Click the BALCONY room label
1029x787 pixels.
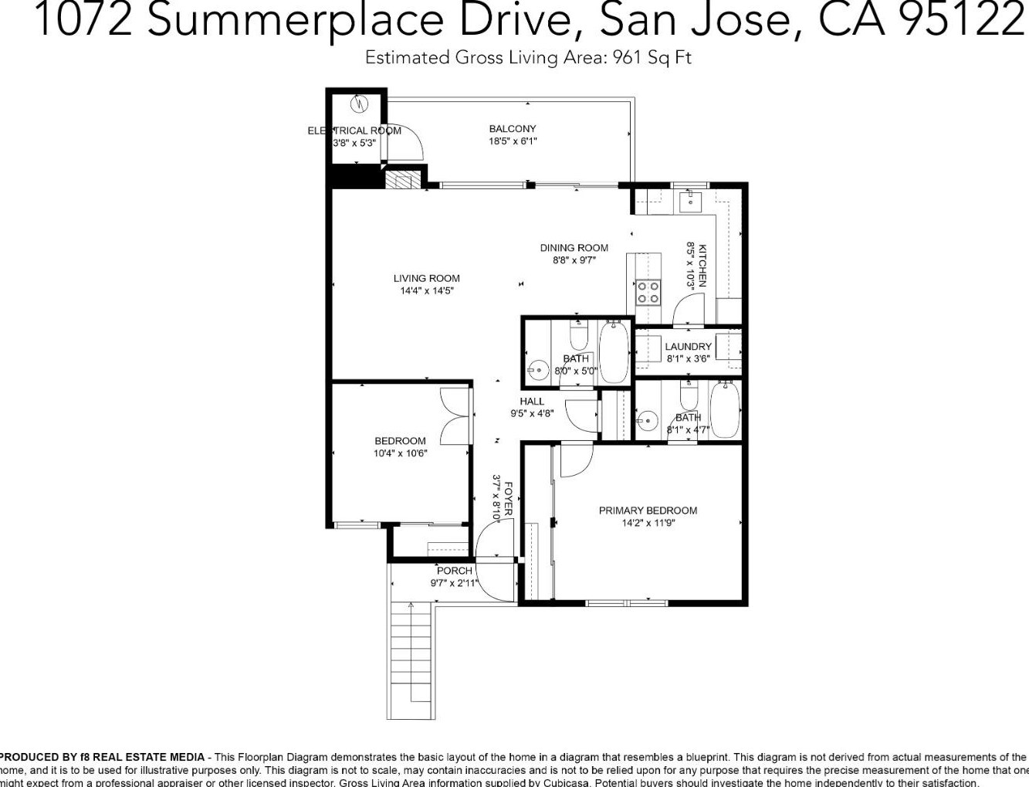pyautogui.click(x=512, y=129)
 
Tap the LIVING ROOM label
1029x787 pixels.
pyautogui.click(x=426, y=278)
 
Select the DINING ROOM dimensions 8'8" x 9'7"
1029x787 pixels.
pyautogui.click(x=574, y=260)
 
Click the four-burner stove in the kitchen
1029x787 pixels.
pyautogui.click(x=648, y=292)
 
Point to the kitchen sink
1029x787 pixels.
pyautogui.click(x=689, y=202)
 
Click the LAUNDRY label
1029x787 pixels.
pyautogui.click(x=688, y=347)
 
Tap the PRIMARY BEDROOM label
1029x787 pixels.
pyautogui.click(x=648, y=511)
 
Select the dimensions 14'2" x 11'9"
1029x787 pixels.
pyautogui.click(x=648, y=523)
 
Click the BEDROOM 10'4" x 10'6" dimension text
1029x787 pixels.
pyautogui.click(x=400, y=453)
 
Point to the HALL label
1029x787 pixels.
pyautogui.click(x=532, y=401)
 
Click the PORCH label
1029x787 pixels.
pyautogui.click(x=454, y=571)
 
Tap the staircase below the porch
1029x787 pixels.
pyautogui.click(x=411, y=656)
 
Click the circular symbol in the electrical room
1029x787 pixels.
pyautogui.click(x=360, y=103)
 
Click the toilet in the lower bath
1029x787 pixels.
pyautogui.click(x=689, y=395)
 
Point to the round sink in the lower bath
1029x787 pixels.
pyautogui.click(x=647, y=422)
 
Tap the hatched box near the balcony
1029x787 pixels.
pyautogui.click(x=402, y=179)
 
